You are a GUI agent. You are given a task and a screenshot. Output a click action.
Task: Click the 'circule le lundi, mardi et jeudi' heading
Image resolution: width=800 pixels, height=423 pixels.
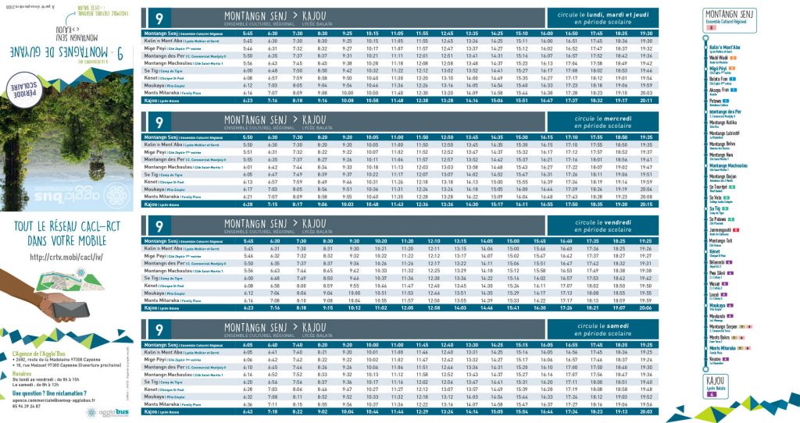point(597,14)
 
